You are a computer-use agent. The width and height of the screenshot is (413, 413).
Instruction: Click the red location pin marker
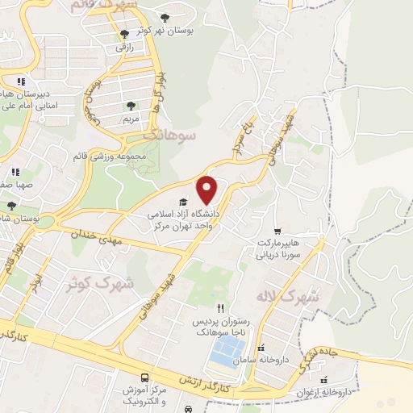208,190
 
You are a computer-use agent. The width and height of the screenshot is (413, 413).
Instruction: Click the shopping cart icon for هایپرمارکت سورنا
278,230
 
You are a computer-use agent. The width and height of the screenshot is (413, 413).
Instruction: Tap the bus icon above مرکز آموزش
144,378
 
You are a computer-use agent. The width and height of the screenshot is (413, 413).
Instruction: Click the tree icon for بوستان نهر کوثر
165,17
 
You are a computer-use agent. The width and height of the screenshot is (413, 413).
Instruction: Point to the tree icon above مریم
131,106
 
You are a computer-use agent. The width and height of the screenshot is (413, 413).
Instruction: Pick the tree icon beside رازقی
123,34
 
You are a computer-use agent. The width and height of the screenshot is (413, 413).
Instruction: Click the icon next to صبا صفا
15,172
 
